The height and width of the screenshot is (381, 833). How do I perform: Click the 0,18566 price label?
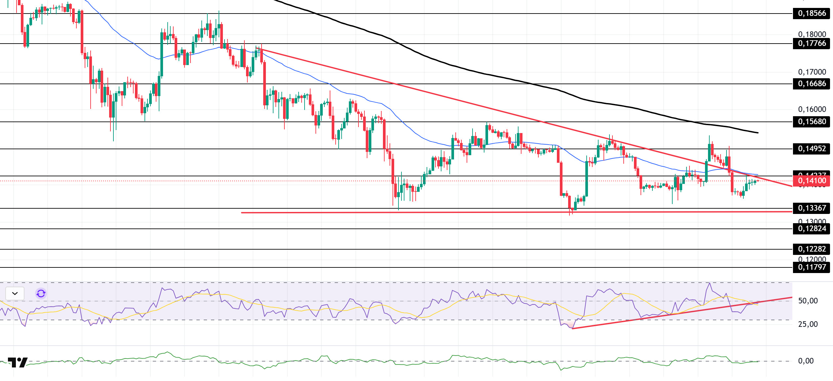(812, 14)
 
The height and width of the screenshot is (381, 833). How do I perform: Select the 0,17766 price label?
(812, 44)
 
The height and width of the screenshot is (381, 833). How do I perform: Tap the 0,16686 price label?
(812, 84)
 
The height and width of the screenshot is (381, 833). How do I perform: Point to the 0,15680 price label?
(812, 122)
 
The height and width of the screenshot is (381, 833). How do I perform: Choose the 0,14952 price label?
(812, 149)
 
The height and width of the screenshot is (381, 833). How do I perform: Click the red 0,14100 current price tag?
(812, 181)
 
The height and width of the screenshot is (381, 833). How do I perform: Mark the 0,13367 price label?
(812, 208)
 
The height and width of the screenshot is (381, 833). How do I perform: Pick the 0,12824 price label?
(812, 229)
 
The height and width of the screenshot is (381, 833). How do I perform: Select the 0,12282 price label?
(812, 249)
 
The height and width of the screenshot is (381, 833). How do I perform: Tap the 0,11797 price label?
(812, 267)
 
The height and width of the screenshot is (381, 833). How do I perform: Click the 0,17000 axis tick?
(812, 72)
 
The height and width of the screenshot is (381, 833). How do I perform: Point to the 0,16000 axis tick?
(812, 109)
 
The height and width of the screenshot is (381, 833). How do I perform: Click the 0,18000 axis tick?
(812, 34)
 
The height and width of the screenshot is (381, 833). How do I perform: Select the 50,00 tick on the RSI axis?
(808, 301)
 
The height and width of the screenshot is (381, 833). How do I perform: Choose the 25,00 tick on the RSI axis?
(808, 324)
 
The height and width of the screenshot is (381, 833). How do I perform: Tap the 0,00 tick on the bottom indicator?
(806, 361)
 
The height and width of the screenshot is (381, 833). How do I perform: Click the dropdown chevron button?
(15, 293)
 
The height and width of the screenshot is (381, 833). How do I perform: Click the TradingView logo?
(18, 363)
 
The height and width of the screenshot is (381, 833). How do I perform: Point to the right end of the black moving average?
(758, 133)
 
